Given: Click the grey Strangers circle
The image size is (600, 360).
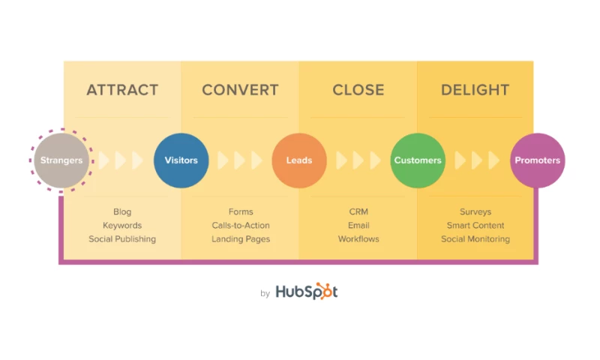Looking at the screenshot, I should (61, 160).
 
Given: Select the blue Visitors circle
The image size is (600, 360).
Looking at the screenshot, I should (181, 160).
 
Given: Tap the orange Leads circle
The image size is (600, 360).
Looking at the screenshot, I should (299, 160).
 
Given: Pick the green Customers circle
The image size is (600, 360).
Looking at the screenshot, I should (418, 160).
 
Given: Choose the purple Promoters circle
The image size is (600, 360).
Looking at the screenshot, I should (537, 160).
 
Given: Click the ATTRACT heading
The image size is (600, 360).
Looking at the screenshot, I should (122, 90).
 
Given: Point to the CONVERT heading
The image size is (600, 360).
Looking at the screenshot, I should (240, 90).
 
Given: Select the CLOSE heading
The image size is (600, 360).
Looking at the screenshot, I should (358, 90).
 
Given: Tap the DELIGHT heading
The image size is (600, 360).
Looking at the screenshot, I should (475, 90).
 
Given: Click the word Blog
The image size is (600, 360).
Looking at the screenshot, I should (122, 212).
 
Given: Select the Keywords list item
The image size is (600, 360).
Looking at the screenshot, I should (122, 226).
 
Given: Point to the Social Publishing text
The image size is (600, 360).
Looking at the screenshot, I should (122, 239).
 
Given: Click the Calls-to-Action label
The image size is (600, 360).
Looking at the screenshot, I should (241, 226).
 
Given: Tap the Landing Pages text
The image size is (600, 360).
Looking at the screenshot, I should (241, 239).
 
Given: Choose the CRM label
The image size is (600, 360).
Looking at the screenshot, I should (358, 212).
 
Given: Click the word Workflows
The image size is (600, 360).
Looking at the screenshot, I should (358, 239).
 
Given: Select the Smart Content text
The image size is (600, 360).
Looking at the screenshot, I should (475, 226).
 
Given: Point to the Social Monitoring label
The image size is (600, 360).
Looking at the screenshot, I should (475, 239).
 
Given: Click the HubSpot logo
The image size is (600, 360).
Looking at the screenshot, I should (306, 292).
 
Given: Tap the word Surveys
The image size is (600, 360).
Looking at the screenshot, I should (475, 212).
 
